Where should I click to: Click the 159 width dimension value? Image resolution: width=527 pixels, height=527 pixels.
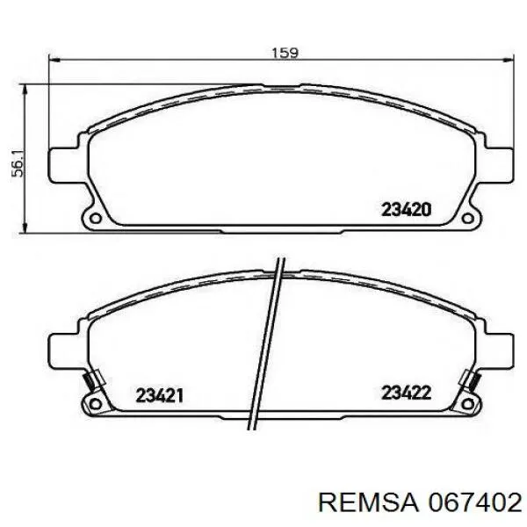pos(285,53)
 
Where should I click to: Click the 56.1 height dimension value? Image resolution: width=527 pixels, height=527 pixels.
pos(18,164)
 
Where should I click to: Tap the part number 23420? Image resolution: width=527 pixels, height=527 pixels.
pos(407,210)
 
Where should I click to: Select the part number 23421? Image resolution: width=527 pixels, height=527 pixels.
pos(159,395)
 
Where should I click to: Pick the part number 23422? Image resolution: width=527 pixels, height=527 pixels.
pos(406,393)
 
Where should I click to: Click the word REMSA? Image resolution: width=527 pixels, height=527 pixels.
pos(369,503)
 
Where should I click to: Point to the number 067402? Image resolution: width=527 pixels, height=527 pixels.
pos(474,503)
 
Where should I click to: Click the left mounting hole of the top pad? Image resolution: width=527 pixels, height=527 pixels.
pos(96,219)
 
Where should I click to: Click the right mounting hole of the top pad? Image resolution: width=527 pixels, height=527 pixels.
pos(467,219)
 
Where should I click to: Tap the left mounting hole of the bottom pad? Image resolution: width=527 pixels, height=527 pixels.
pos(96,404)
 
